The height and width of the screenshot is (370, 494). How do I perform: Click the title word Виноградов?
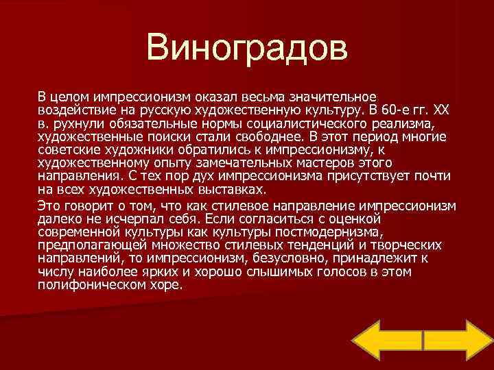coord(247,49)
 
